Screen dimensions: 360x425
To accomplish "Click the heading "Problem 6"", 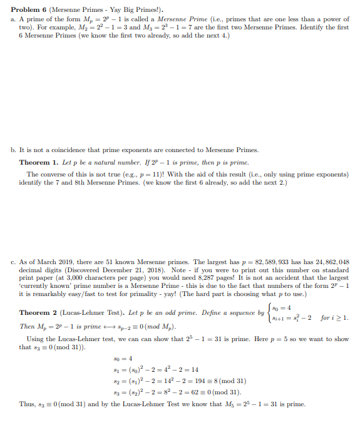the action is [x=30, y=10].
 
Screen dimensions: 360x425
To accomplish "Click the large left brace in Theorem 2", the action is [x=270, y=312].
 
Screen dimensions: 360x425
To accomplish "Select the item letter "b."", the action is [x=14, y=150].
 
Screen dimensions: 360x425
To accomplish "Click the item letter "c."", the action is [x=14, y=262].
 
